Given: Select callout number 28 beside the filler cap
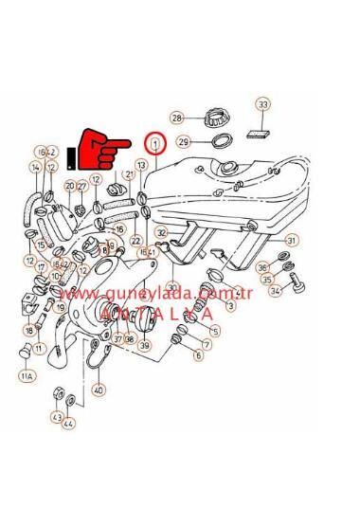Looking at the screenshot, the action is coord(176,118).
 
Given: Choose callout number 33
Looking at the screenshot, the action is coord(263,103).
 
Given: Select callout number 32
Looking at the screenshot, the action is coord(162,232).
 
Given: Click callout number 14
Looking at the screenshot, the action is coord(36,168).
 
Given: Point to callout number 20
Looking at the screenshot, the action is coord(70,185).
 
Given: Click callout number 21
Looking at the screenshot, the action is coord(130,175).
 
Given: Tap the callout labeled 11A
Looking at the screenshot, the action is coord(26,376).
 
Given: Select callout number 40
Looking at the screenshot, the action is coord(99,389).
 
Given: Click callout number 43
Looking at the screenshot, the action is coord(57,417).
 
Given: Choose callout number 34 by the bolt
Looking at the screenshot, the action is coord(275,291).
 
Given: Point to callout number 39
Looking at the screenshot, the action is coord(144,346).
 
